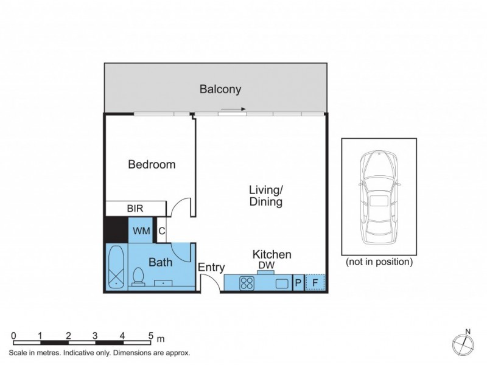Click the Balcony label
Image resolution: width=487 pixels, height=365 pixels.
point(220,89)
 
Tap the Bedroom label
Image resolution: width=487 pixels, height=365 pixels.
point(152,164)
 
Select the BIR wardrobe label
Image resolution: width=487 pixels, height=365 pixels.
point(135,209)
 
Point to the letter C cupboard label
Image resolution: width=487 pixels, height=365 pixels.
point(161,231)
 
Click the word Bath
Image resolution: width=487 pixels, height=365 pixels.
point(161,263)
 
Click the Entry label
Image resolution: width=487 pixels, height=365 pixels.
point(211,267)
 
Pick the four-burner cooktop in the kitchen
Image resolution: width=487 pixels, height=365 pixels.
point(247,283)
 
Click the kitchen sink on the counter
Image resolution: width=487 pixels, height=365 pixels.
point(282,283)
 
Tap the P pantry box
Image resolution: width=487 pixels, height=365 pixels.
point(298,283)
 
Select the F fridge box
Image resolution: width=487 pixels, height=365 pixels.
point(315,283)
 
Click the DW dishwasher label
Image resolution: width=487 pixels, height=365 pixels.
point(265,266)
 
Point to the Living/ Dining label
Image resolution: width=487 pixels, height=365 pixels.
point(266,195)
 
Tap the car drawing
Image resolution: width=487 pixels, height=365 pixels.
point(379,197)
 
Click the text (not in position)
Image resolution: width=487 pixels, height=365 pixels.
point(379,263)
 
